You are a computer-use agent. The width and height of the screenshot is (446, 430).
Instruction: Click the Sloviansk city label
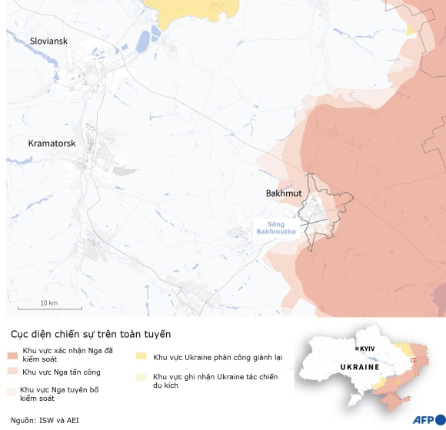coord(49,40)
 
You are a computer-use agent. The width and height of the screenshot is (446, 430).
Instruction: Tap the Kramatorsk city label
coord(52,144)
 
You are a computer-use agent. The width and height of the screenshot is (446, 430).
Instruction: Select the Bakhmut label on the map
coord(283,193)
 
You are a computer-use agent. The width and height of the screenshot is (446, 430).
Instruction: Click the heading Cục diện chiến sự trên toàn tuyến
coord(90,335)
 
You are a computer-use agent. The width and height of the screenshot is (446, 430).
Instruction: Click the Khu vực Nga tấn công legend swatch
coord(12,372)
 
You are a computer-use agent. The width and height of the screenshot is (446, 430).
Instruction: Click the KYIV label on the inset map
coord(367,349)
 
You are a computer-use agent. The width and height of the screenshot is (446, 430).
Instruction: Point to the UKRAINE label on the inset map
coord(361,366)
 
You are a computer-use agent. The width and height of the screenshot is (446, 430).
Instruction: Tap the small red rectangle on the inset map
coord(414,358)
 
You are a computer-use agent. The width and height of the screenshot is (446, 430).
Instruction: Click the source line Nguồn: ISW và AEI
coord(45,420)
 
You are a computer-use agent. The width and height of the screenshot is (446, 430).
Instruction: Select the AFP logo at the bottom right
coord(428,419)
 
